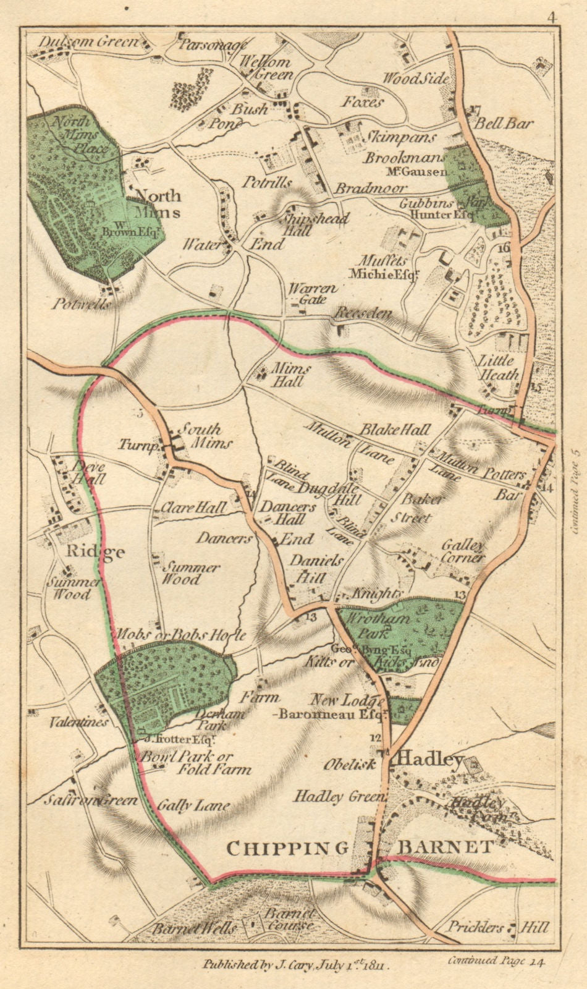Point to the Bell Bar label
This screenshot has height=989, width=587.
point(504,123)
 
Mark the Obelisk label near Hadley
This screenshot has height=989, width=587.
point(350,764)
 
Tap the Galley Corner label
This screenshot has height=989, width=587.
point(463,551)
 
